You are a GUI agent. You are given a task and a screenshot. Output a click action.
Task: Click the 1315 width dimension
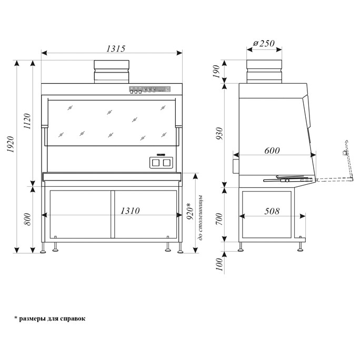pos(116,48)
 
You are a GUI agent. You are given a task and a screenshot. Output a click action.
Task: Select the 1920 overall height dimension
pos(11,144)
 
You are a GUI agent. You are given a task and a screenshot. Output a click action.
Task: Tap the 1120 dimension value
pos(27,121)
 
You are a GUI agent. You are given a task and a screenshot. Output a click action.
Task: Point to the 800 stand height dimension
pos(27,219)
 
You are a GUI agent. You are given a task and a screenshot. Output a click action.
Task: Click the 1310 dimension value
pos(130,211)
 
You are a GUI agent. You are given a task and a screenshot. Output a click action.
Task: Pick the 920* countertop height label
pos(189,211)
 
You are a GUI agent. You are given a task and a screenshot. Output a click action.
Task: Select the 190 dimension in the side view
pos(216,72)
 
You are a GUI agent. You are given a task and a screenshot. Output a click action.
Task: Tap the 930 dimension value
pos(219,133)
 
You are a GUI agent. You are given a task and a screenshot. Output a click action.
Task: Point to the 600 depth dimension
pos(272,151)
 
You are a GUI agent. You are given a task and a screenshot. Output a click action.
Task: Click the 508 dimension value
pos(272,211)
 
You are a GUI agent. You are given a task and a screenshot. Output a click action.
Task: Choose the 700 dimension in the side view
pos(219,219)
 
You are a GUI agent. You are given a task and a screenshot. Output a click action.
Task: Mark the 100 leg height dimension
pos(219,264)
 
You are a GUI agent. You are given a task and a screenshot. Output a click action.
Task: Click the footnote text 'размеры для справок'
pos(52,318)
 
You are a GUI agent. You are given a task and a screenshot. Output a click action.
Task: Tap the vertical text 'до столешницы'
pos(201,218)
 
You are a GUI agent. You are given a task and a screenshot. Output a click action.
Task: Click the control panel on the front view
pos(150,89)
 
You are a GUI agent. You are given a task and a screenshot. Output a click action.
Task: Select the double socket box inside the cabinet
pos(161,163)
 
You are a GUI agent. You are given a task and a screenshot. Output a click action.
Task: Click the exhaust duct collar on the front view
pos(112,72)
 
